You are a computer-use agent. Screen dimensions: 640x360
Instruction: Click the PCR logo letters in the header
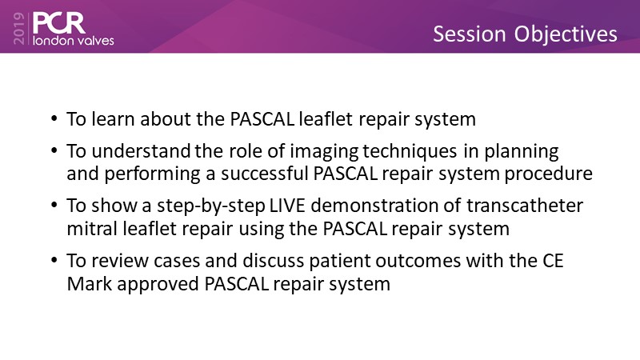coord(58,23)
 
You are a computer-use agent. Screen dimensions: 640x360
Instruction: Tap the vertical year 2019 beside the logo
coord(19,28)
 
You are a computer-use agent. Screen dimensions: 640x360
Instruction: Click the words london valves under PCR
coord(73,41)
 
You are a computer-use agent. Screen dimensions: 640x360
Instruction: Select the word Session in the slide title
coord(470,34)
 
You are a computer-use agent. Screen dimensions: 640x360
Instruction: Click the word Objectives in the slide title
coord(566,34)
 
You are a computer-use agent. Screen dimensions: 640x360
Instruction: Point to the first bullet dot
coord(54,118)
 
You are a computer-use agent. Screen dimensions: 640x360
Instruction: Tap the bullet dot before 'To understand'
coord(54,150)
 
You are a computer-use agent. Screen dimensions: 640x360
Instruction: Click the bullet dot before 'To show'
coord(54,205)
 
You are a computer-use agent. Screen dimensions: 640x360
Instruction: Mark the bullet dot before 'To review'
coord(54,260)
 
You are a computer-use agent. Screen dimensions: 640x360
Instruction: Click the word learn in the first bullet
coord(113,119)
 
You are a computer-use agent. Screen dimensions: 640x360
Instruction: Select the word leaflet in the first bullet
coord(326,119)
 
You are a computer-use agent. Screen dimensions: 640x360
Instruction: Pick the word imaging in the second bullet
coord(324,152)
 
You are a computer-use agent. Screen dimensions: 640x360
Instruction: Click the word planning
coord(522,152)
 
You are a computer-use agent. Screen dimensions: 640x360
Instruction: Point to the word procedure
coord(549,174)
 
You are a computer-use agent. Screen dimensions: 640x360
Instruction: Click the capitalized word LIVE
coord(287,206)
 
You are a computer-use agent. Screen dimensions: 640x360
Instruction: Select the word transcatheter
coord(525,206)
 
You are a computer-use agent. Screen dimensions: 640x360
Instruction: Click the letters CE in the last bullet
coord(553,261)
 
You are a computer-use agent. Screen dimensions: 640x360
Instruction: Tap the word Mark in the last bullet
coord(90,284)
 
